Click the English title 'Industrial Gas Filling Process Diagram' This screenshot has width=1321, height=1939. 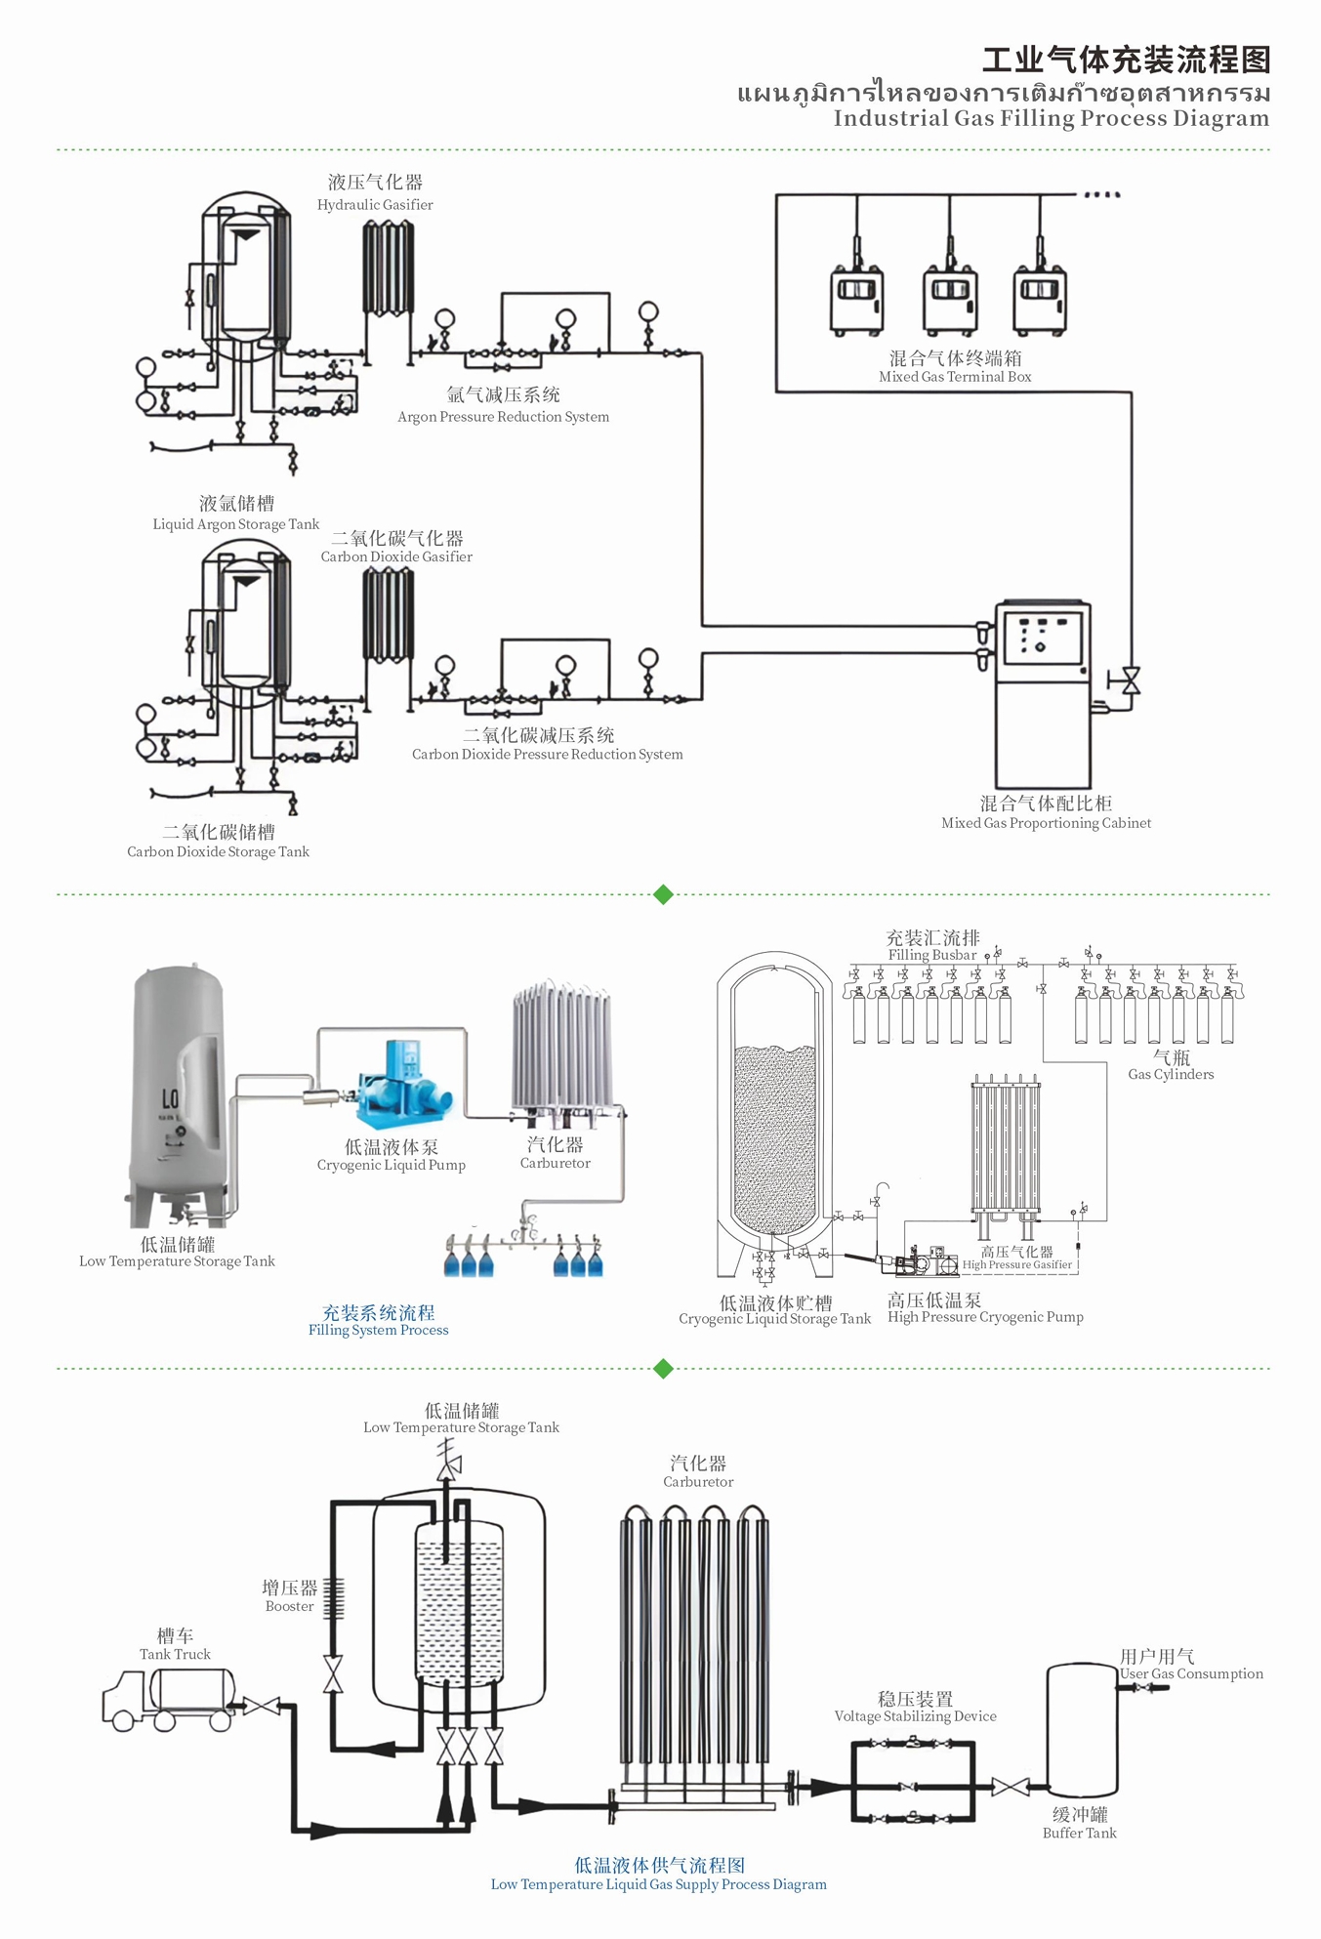pyautogui.click(x=1051, y=119)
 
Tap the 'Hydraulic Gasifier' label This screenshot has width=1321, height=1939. pyautogui.click(x=375, y=205)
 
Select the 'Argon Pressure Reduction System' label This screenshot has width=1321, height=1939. pyautogui.click(x=503, y=417)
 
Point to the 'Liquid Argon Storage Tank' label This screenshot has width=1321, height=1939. pyautogui.click(x=235, y=524)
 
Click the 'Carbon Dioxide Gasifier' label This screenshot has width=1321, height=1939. pyautogui.click(x=396, y=557)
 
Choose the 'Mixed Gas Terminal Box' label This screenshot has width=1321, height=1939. pyautogui.click(x=955, y=377)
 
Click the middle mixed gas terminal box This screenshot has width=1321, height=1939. pyautogui.click(x=950, y=299)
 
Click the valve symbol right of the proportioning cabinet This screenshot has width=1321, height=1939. pyautogui.click(x=1131, y=681)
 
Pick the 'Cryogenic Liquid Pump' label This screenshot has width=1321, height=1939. pyautogui.click(x=391, y=1165)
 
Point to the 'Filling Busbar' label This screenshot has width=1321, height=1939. pyautogui.click(x=931, y=955)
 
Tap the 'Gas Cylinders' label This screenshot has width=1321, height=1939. pyautogui.click(x=1171, y=1075)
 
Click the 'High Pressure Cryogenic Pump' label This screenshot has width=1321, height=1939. pyautogui.click(x=985, y=1317)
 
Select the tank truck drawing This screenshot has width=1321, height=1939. pyautogui.click(x=168, y=1700)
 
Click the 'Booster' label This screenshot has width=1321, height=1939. pyautogui.click(x=289, y=1606)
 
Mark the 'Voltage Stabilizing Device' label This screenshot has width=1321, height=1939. pyautogui.click(x=915, y=1716)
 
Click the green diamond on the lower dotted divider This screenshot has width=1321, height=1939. pyautogui.click(x=663, y=1369)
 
